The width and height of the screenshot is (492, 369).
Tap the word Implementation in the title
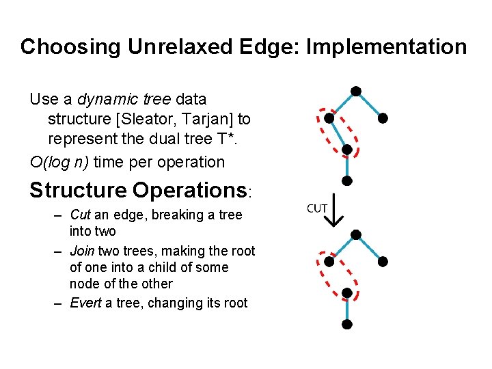point(387,47)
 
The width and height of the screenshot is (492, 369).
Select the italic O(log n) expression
point(59,163)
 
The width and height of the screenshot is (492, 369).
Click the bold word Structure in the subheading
point(77,190)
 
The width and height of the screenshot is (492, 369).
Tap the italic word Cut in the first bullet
point(81,215)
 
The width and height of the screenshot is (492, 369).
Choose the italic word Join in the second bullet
point(82,251)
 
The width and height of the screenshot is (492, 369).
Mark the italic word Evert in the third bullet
point(85,303)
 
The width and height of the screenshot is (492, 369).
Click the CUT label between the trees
point(316,208)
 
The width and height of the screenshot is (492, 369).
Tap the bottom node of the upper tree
point(347,181)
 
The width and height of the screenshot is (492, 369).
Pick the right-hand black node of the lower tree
point(383,261)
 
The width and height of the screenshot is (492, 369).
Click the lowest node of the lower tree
point(347,324)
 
